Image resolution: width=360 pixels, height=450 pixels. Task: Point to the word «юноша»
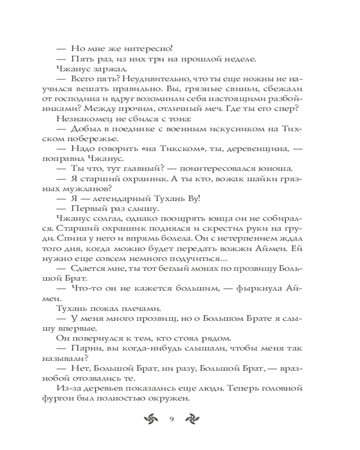click(278, 170)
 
